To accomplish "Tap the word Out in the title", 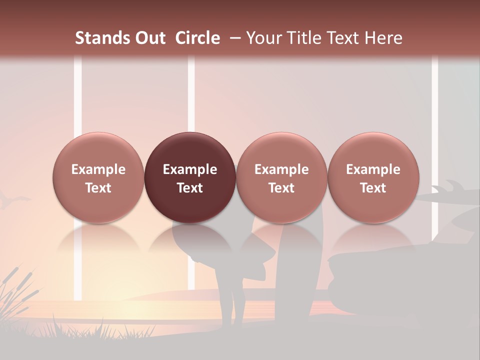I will [x=150, y=38].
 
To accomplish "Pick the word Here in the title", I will [x=383, y=38].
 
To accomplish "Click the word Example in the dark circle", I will [x=190, y=169].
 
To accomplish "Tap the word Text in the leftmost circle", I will [x=98, y=188].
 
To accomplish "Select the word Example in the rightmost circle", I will [x=373, y=169].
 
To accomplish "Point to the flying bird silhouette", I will [x=10, y=201].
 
